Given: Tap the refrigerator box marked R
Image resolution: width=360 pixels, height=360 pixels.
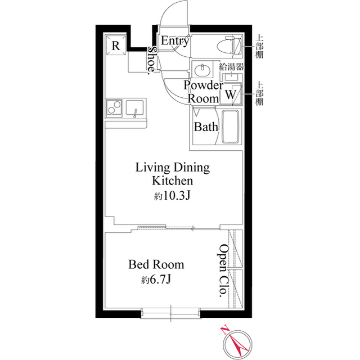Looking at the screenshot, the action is click(x=116, y=45).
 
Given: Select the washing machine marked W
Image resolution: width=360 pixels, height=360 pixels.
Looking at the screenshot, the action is click(x=231, y=94).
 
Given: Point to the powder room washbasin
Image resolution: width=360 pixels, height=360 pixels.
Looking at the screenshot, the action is click(x=202, y=69).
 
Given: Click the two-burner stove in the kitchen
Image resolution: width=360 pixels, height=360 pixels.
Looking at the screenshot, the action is click(x=114, y=107).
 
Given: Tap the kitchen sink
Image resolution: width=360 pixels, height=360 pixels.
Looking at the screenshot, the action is click(x=135, y=109).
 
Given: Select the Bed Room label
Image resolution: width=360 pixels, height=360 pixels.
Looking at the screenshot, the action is click(x=156, y=264).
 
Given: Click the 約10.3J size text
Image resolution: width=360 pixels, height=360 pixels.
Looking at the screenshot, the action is click(x=172, y=196).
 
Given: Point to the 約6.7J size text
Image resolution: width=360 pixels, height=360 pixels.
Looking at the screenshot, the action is click(x=156, y=280).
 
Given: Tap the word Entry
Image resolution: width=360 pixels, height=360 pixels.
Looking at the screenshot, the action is click(x=175, y=41).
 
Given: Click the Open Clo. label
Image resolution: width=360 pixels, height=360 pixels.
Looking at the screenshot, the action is click(x=223, y=271).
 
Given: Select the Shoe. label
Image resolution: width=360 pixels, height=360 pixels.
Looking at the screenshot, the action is click(x=152, y=60).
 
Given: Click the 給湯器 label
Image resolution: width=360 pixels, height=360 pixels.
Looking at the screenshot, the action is click(x=231, y=67).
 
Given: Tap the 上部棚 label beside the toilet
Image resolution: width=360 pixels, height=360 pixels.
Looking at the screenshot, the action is click(x=259, y=46).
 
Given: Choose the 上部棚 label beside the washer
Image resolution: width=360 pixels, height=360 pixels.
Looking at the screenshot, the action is click(x=259, y=93).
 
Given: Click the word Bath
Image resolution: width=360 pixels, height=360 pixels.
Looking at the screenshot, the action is click(x=206, y=127).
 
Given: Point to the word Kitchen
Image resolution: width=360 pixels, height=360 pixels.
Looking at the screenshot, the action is click(x=173, y=181).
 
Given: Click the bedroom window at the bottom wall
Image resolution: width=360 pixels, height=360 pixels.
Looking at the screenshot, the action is click(x=170, y=313).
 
